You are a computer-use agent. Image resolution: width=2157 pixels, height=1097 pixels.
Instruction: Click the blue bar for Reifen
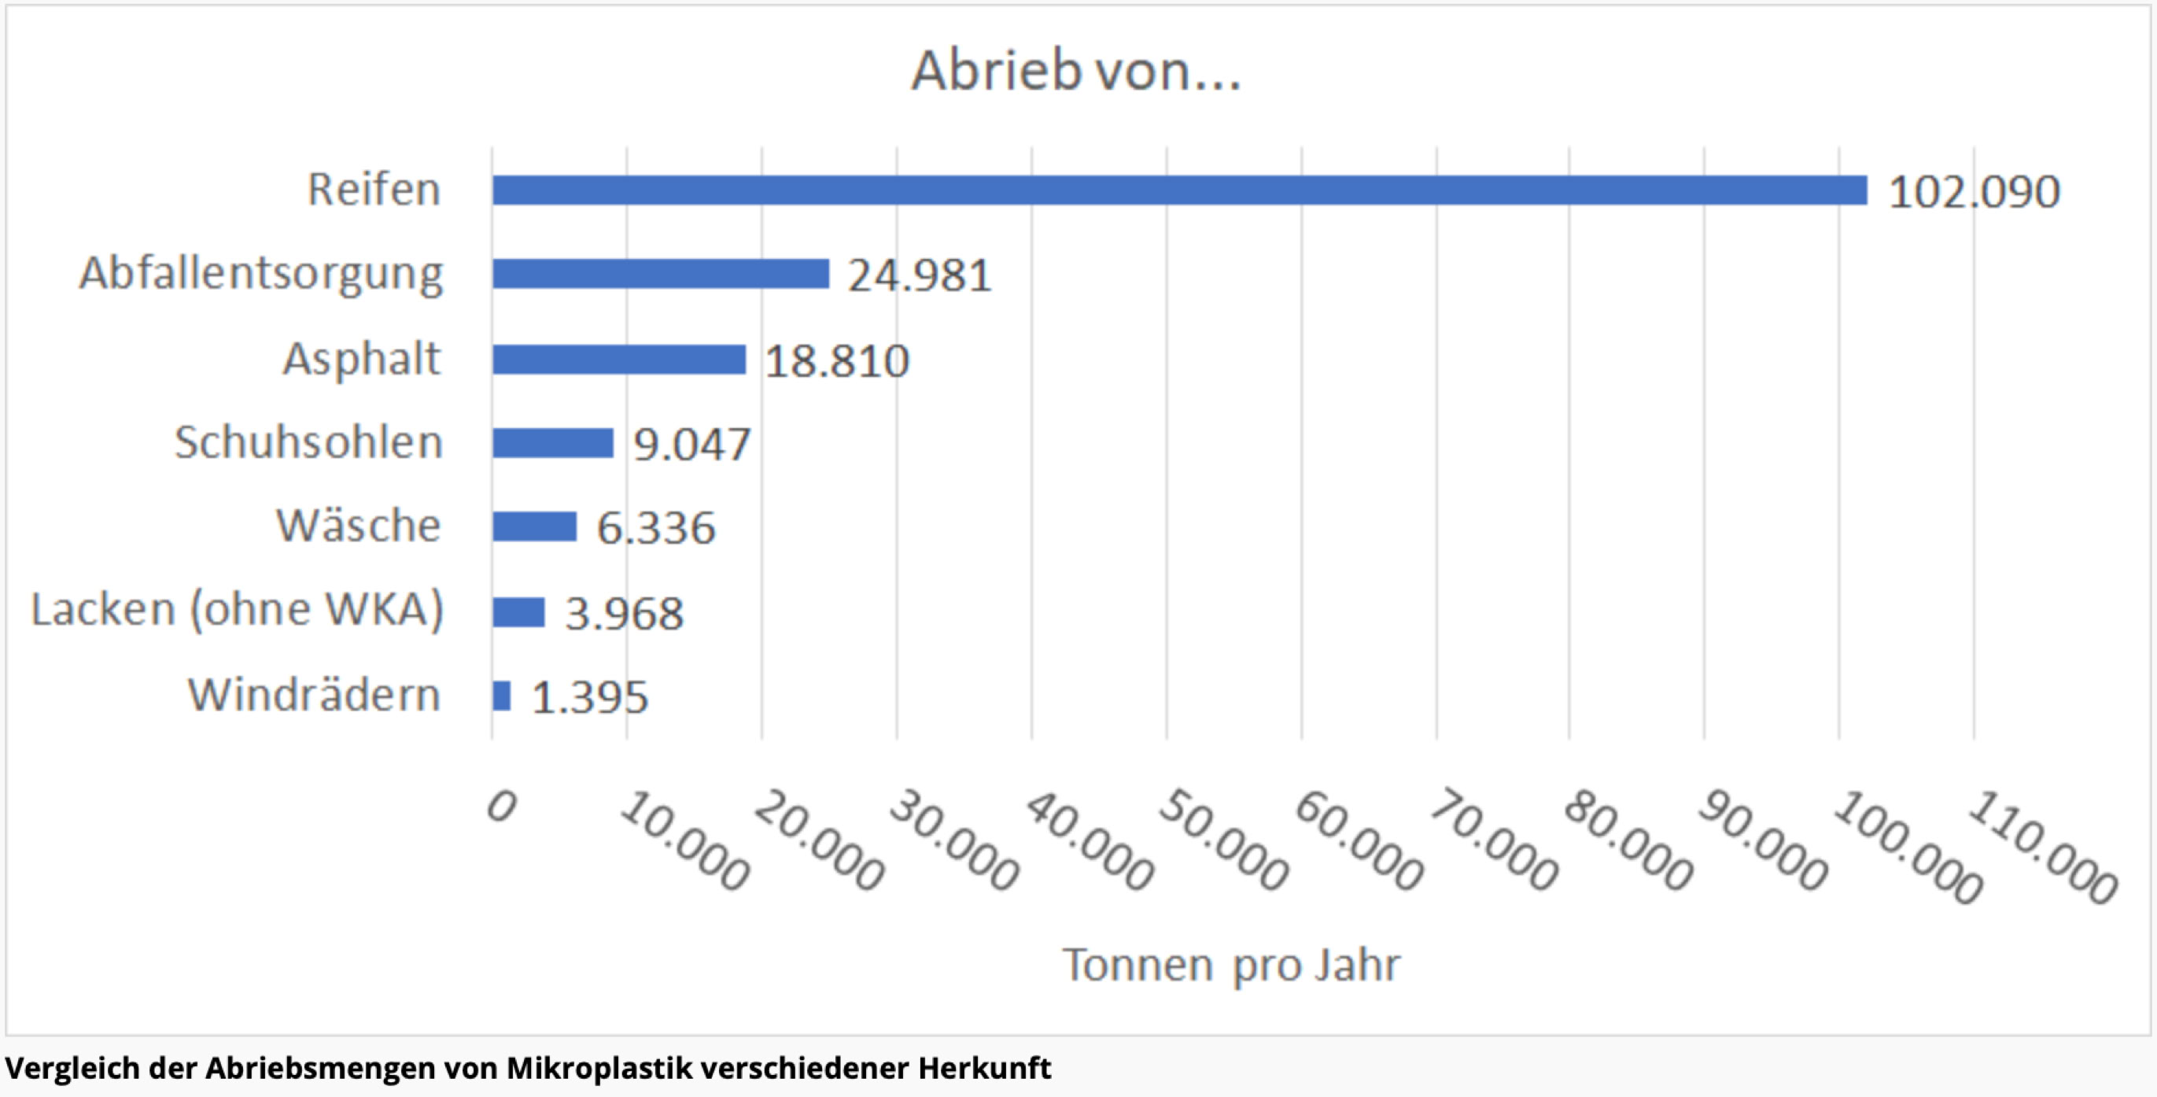pyautogui.click(x=1179, y=190)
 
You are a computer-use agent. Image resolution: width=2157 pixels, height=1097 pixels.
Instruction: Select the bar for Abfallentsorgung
pyautogui.click(x=661, y=274)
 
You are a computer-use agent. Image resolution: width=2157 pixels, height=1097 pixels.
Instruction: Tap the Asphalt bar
pyautogui.click(x=619, y=360)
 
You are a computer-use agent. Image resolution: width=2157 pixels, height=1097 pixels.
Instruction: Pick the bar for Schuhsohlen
pyautogui.click(x=553, y=443)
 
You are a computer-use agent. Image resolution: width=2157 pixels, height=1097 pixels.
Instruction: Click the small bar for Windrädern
pyautogui.click(x=502, y=696)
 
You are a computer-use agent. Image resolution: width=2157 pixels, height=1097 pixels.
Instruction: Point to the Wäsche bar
pyautogui.click(x=534, y=526)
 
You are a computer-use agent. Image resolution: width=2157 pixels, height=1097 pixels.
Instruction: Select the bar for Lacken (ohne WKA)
pyautogui.click(x=518, y=612)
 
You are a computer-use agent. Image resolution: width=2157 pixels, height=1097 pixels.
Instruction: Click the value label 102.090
pyautogui.click(x=1974, y=192)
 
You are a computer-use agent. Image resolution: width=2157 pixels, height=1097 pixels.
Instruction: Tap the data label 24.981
pyautogui.click(x=920, y=275)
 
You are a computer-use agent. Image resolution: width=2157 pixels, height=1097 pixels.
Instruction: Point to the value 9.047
pyautogui.click(x=691, y=444)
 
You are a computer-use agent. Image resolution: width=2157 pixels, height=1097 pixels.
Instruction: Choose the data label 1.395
pyautogui.click(x=589, y=696)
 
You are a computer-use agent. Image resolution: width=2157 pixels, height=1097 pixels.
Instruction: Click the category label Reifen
pyautogui.click(x=374, y=189)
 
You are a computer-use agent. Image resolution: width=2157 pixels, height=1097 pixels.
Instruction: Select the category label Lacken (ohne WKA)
pyautogui.click(x=237, y=609)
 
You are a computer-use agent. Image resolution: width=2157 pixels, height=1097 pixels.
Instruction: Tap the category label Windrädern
pyautogui.click(x=314, y=695)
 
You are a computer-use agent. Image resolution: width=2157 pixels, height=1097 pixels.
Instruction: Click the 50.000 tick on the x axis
pyautogui.click(x=1223, y=840)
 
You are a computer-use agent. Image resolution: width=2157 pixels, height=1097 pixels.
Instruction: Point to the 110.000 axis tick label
pyautogui.click(x=2041, y=848)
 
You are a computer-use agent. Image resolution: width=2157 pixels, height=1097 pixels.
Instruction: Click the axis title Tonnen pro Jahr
pyautogui.click(x=1231, y=965)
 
